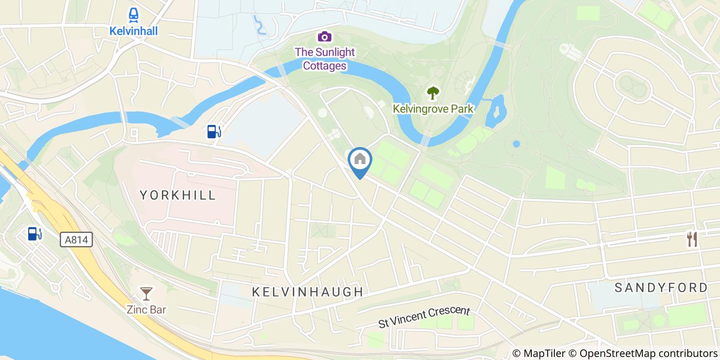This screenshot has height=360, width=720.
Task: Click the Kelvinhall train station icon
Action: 134,14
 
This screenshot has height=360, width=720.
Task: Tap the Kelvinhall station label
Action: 134,31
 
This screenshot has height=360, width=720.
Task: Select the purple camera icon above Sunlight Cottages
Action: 324,37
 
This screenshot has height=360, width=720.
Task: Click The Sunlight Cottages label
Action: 324,59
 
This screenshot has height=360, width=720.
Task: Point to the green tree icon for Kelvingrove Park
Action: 433,93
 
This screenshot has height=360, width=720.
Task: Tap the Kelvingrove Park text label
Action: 433,109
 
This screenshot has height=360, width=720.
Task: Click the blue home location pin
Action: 360,160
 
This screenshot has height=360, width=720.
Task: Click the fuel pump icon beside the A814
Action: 35,234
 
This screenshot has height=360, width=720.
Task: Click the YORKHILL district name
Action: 178,195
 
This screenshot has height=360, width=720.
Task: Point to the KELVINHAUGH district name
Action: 308,292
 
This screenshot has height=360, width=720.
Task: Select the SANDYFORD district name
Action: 661,287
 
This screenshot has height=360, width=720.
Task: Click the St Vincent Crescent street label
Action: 424,317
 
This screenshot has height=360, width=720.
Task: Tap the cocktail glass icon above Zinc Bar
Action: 147,294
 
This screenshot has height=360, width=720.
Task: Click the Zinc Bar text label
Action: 147,310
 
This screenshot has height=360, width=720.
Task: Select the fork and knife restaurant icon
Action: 692,239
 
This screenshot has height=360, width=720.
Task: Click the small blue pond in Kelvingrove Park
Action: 516,144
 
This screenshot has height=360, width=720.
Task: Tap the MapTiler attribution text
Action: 539,353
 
